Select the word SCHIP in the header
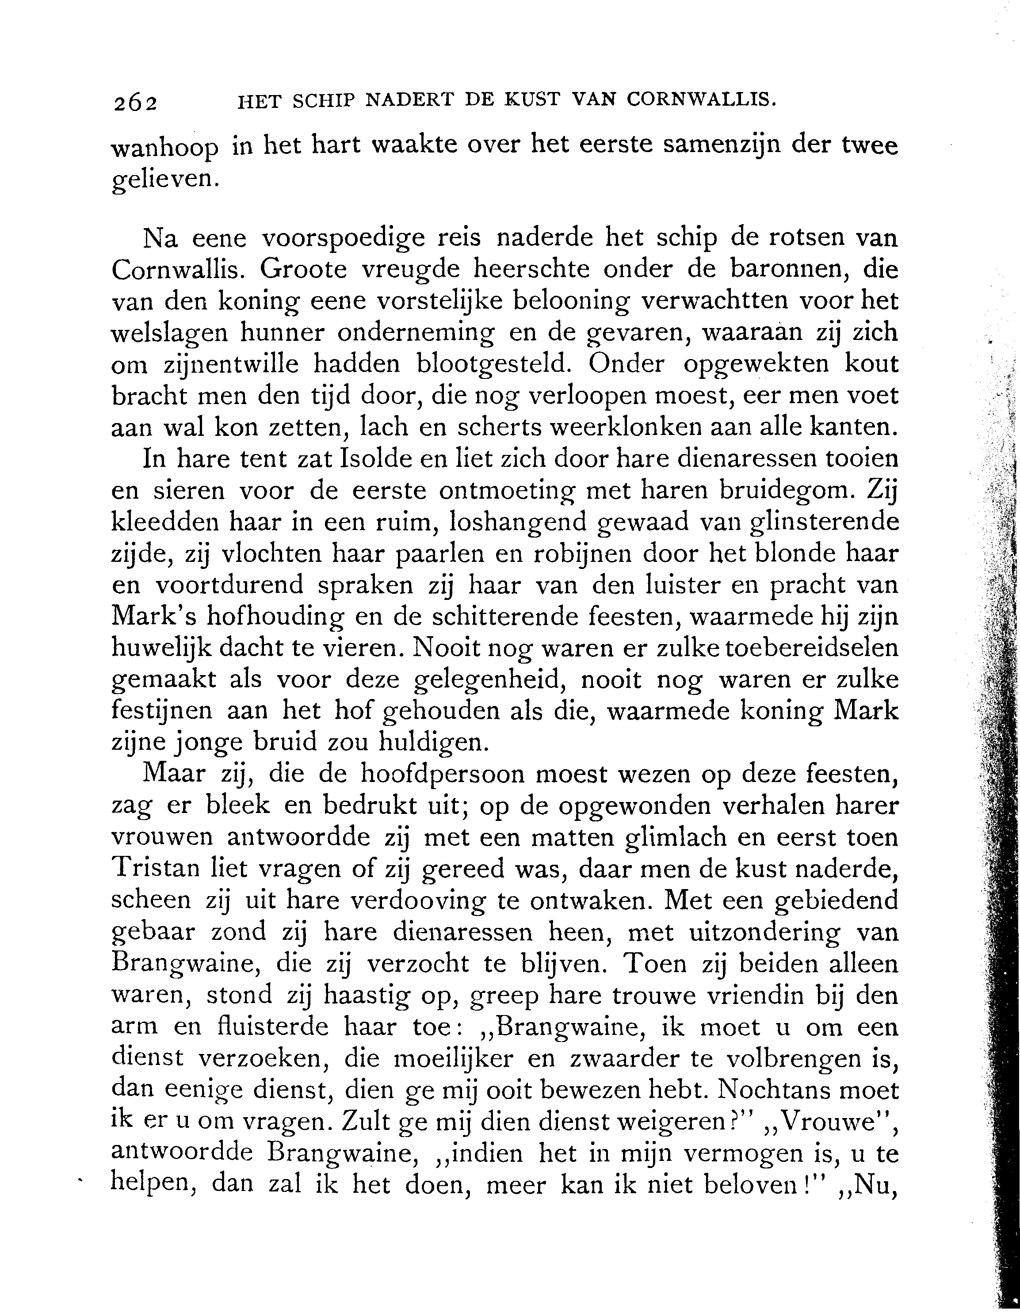click(325, 101)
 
